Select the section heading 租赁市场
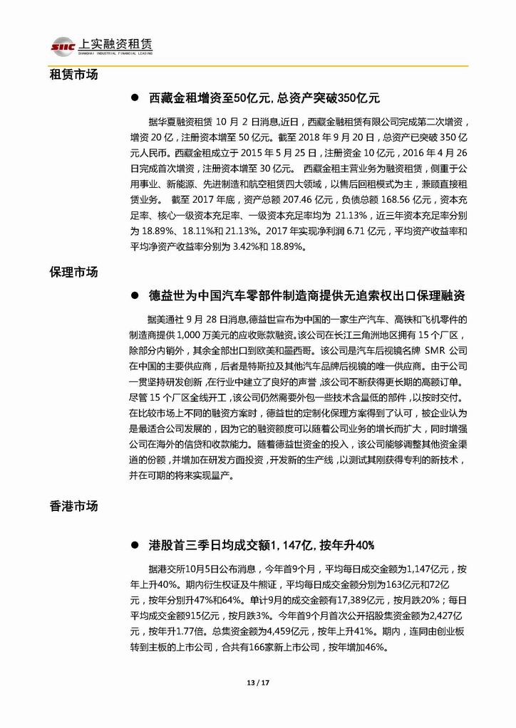pyautogui.click(x=73, y=74)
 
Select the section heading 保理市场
pyautogui.click(x=73, y=272)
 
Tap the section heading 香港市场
pyautogui.click(x=73, y=506)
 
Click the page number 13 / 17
pyautogui.click(x=257, y=685)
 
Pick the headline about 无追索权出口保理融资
pyautogui.click(x=307, y=295)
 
